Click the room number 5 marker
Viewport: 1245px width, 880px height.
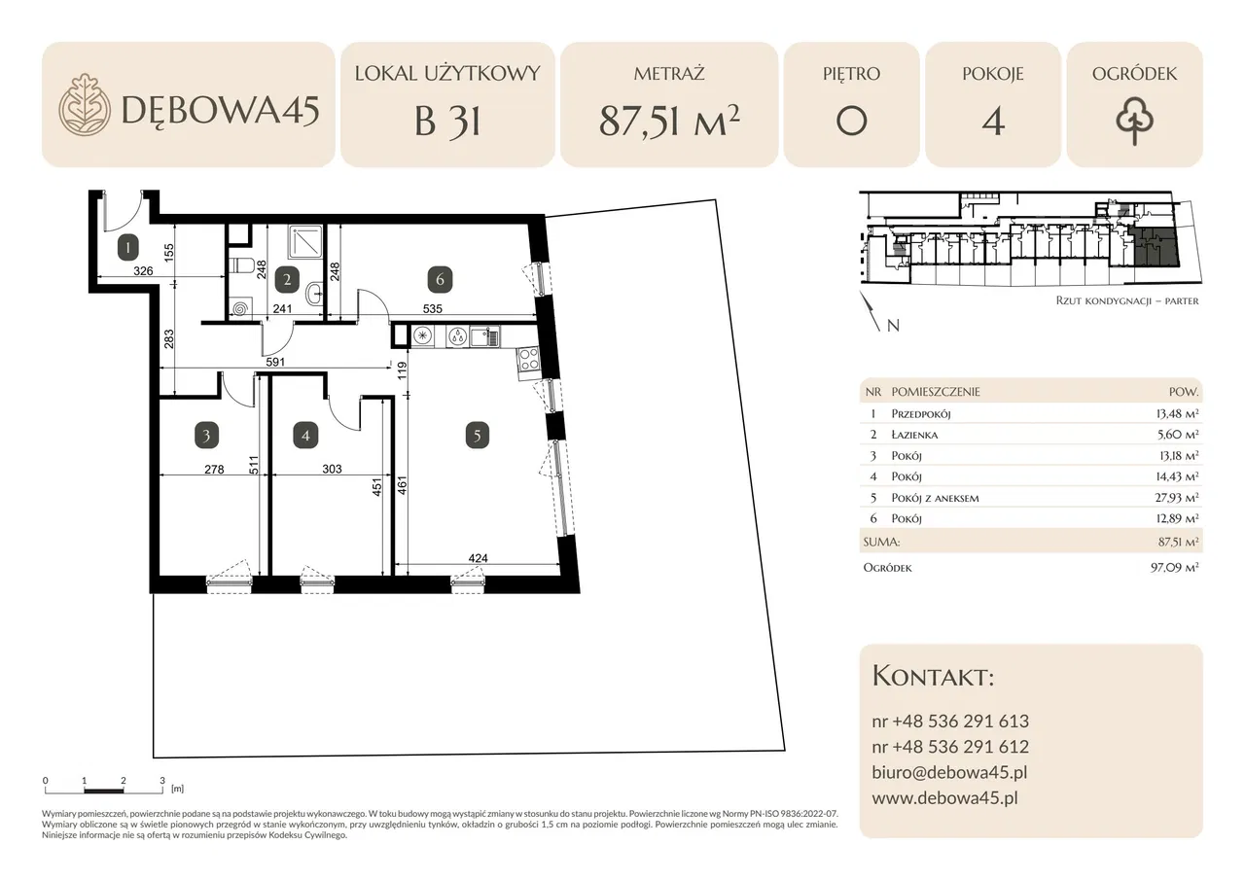pyautogui.click(x=477, y=436)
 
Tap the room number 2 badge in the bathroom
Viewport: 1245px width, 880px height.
pyautogui.click(x=287, y=279)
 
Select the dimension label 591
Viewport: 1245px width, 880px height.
pyautogui.click(x=275, y=362)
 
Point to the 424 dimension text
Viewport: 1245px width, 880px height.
pyautogui.click(x=478, y=558)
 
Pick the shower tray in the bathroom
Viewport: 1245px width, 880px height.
pyautogui.click(x=305, y=242)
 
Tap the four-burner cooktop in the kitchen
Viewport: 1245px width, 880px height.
pyautogui.click(x=527, y=359)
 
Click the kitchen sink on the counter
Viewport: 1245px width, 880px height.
pyautogui.click(x=484, y=336)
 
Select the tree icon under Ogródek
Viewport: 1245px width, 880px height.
pyautogui.click(x=1134, y=123)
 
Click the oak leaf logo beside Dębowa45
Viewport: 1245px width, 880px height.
pyautogui.click(x=85, y=104)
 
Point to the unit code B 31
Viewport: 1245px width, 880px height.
pyautogui.click(x=447, y=122)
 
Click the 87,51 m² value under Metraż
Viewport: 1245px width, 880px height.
pyautogui.click(x=669, y=121)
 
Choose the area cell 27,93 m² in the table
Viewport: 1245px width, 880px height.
pyautogui.click(x=1176, y=497)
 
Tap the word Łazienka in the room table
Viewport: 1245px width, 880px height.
pyautogui.click(x=914, y=435)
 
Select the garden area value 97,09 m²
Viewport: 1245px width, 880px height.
pyautogui.click(x=1174, y=567)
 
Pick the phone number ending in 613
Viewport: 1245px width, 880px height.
pyautogui.click(x=950, y=721)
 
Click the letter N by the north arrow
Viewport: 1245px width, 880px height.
pyautogui.click(x=893, y=326)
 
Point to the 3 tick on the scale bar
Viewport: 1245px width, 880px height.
pyautogui.click(x=162, y=781)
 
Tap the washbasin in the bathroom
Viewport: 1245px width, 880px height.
pyautogui.click(x=314, y=291)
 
